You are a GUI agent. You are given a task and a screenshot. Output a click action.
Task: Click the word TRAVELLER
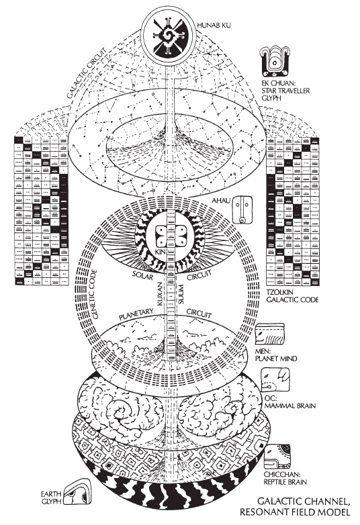[x=294, y=91]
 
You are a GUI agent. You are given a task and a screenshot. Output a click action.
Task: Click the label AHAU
[x=221, y=201]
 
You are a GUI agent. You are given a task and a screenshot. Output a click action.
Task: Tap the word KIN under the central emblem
[x=160, y=251]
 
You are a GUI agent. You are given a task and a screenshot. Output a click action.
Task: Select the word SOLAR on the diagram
[x=143, y=275]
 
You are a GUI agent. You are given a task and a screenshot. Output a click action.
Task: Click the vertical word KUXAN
[x=159, y=293]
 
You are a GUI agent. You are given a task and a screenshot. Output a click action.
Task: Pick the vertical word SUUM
[x=181, y=293]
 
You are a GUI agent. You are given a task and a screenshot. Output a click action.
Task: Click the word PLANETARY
[x=136, y=315]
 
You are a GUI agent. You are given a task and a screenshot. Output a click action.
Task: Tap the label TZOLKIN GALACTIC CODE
[x=292, y=295]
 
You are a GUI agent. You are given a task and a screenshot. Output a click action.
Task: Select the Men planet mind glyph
[x=269, y=334]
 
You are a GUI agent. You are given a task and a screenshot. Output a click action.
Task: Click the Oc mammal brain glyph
[x=275, y=381]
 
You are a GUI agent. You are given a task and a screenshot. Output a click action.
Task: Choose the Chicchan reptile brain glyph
[x=277, y=457]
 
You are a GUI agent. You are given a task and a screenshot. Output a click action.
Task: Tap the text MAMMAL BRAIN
[x=290, y=405]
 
